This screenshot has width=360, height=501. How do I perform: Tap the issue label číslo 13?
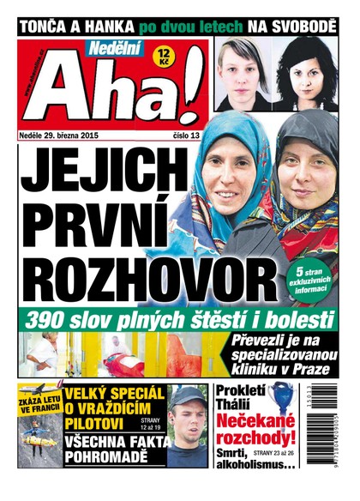coord(188,134)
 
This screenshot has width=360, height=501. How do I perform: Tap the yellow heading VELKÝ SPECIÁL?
coord(108,397)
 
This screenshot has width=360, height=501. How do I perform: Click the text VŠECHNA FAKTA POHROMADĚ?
coord(108,449)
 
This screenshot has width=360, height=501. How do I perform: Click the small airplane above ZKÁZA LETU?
coord(33,395)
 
